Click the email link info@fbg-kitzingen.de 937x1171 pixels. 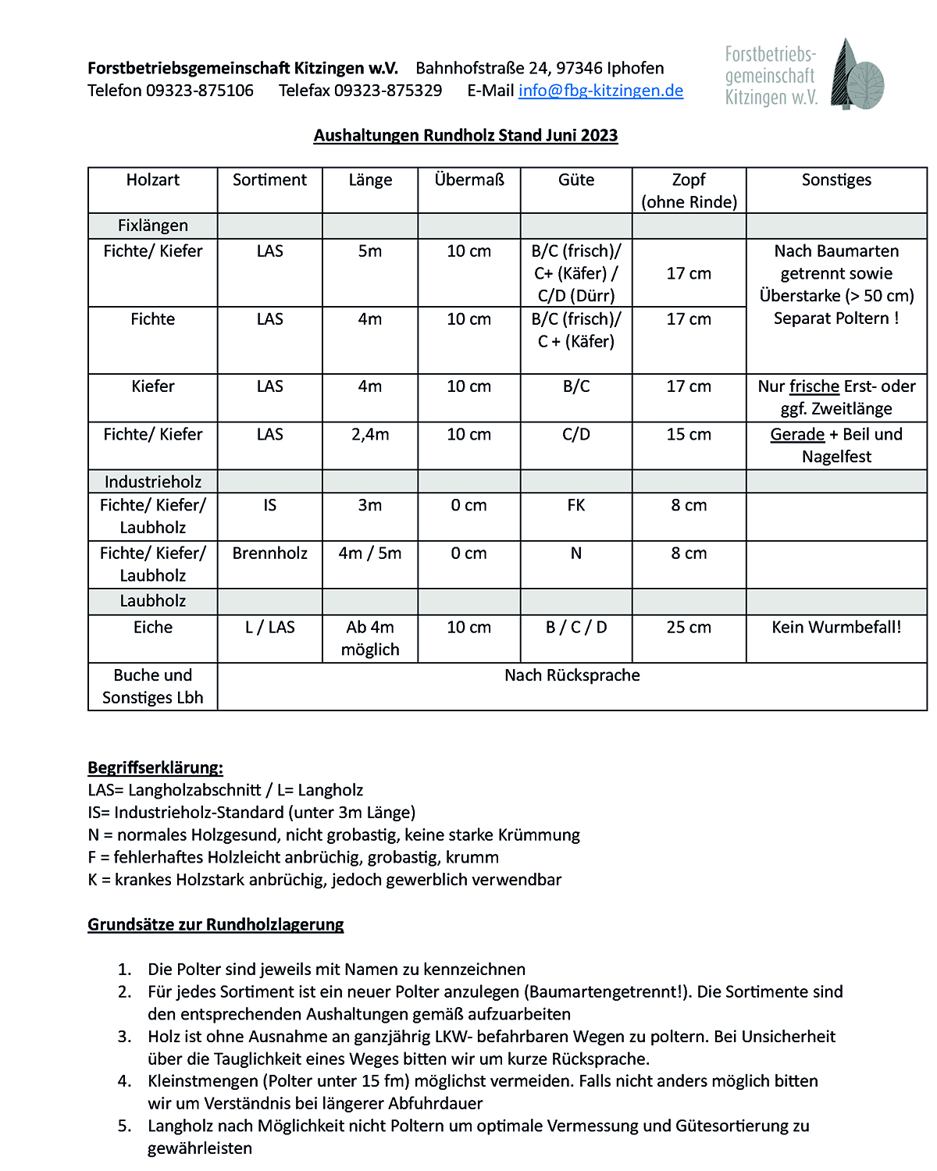coord(600,91)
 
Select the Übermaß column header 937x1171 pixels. coord(469,180)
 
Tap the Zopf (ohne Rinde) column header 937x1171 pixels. coord(689,190)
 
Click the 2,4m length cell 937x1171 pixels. coord(370,435)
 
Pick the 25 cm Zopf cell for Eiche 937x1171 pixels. coord(689,628)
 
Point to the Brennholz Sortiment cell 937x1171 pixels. coord(270,553)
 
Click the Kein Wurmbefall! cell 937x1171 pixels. coord(836,628)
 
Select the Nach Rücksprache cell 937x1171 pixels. coord(572,675)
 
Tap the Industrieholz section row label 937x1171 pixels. coord(153,482)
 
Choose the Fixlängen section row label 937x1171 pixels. coord(153,226)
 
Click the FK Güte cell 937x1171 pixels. coord(576,506)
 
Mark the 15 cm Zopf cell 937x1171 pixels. coord(689,435)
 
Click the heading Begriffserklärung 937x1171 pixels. coord(155,767)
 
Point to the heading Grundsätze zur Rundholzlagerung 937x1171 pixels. coord(216,924)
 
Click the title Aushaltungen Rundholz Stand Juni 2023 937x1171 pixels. coord(465,136)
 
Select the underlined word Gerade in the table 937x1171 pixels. coord(797,435)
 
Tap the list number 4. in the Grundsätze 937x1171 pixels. coord(125,1081)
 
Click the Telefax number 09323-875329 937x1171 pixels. coord(388,91)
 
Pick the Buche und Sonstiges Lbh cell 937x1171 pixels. coord(153,686)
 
